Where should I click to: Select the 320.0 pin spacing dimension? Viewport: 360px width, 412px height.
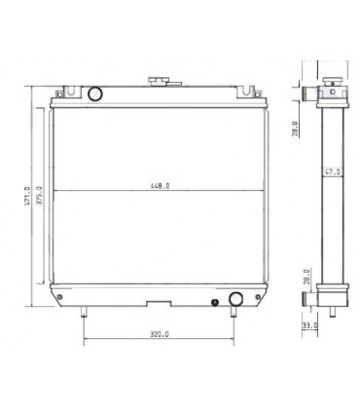(161, 333)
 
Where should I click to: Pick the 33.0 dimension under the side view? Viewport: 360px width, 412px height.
(309, 325)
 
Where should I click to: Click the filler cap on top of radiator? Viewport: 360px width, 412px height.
(155, 81)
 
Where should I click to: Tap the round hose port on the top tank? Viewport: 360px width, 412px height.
(94, 94)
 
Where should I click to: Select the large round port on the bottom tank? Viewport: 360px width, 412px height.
(234, 298)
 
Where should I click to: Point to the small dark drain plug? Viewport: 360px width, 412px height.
(215, 303)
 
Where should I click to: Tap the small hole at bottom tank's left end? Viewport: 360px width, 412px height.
(61, 296)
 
